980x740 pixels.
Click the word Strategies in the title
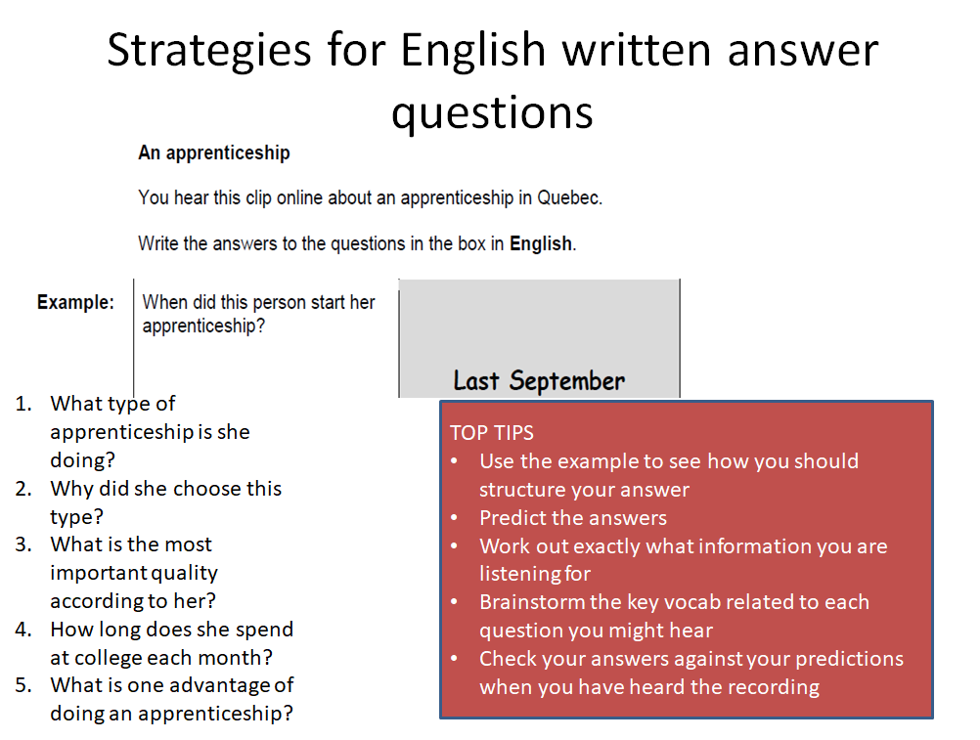click(208, 52)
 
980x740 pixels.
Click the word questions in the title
click(492, 113)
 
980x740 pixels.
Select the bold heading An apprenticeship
click(214, 153)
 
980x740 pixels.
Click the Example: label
click(75, 302)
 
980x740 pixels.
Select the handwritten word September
click(567, 381)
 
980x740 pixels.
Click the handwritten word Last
click(476, 380)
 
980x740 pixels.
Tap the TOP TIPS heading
click(492, 433)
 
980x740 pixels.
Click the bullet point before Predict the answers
click(455, 518)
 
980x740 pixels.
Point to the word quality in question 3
click(185, 573)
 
